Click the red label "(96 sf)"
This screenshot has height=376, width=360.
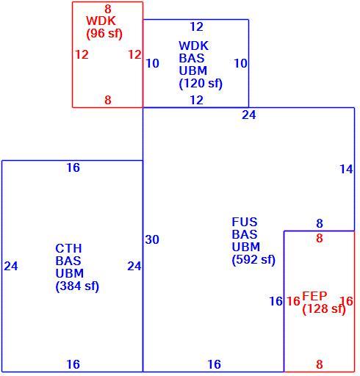(104, 34)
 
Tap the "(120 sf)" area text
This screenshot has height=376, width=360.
(201, 84)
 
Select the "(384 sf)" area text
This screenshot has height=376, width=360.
(77, 286)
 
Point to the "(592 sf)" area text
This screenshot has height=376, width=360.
(253, 259)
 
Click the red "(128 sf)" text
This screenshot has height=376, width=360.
(324, 308)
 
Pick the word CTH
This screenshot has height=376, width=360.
(68, 248)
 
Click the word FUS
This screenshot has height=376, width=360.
(245, 222)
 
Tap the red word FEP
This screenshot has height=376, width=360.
(314, 296)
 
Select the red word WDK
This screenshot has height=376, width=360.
(101, 21)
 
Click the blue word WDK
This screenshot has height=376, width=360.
(193, 46)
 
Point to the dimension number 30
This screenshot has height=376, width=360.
(152, 239)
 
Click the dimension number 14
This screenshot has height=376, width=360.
(346, 169)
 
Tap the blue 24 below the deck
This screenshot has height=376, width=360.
(249, 115)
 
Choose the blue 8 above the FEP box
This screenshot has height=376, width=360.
(320, 223)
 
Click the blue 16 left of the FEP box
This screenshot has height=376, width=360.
(276, 301)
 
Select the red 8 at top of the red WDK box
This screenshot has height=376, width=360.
(108, 10)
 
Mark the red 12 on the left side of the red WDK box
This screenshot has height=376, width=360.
(82, 54)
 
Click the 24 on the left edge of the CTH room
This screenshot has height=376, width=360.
(11, 266)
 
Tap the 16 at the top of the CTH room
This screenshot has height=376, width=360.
(73, 167)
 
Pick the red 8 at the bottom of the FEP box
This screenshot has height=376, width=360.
(320, 364)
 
